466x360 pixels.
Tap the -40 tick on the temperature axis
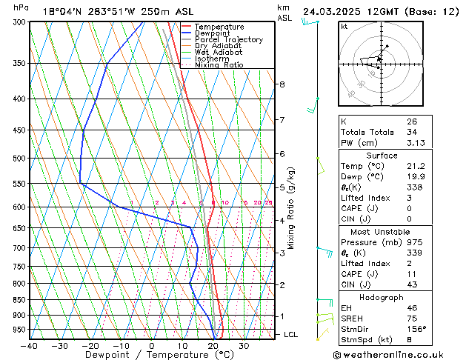30,346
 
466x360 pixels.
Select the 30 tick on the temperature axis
244,346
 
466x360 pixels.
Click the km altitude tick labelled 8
282,84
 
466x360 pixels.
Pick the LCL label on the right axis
292,335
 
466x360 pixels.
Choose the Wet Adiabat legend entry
218,52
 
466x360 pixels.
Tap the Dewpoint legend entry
213,33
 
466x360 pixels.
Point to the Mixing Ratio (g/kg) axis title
292,208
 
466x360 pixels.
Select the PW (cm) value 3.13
414,143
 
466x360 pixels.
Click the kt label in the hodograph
344,26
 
